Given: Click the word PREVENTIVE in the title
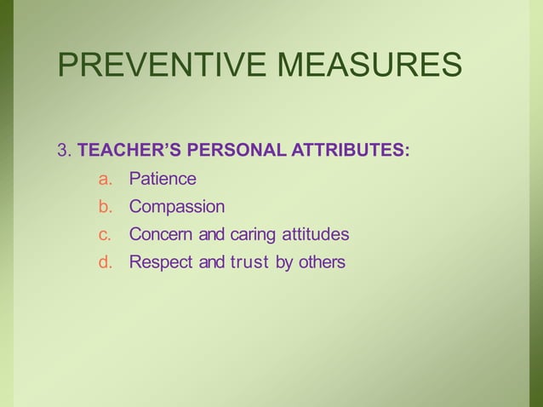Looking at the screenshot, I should click(161, 66).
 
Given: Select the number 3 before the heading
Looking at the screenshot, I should click(61, 152).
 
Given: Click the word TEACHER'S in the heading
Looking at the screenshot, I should click(129, 152).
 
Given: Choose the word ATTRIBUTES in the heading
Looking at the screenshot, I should click(351, 152).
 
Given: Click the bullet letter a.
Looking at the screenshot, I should click(105, 179).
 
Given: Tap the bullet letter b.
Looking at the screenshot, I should click(105, 207).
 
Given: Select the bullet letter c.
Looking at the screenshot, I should click(105, 234).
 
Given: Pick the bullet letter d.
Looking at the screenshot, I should click(105, 262).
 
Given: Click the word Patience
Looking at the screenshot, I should click(163, 179).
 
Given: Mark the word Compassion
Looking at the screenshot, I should click(177, 207).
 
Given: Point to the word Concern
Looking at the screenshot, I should click(161, 234).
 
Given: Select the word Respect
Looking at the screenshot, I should click(161, 262).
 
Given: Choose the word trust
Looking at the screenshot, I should click(250, 262).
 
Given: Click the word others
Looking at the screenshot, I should click(323, 262).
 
